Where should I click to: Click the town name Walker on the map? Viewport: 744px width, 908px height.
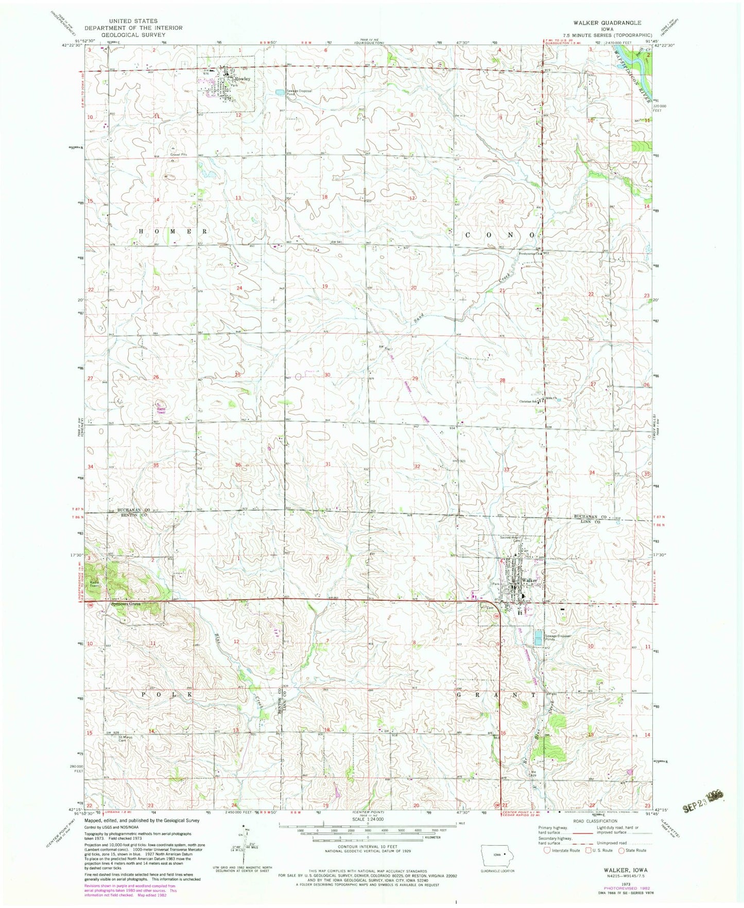tap(529, 580)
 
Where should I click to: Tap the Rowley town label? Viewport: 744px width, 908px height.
tap(243, 79)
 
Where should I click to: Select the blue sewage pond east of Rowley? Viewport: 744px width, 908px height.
tap(278, 92)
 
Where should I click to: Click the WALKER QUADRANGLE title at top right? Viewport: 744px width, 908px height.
tap(604, 23)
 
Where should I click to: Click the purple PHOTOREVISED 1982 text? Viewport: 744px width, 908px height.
tap(626, 888)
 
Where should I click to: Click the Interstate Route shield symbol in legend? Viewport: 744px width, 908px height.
tap(547, 850)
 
